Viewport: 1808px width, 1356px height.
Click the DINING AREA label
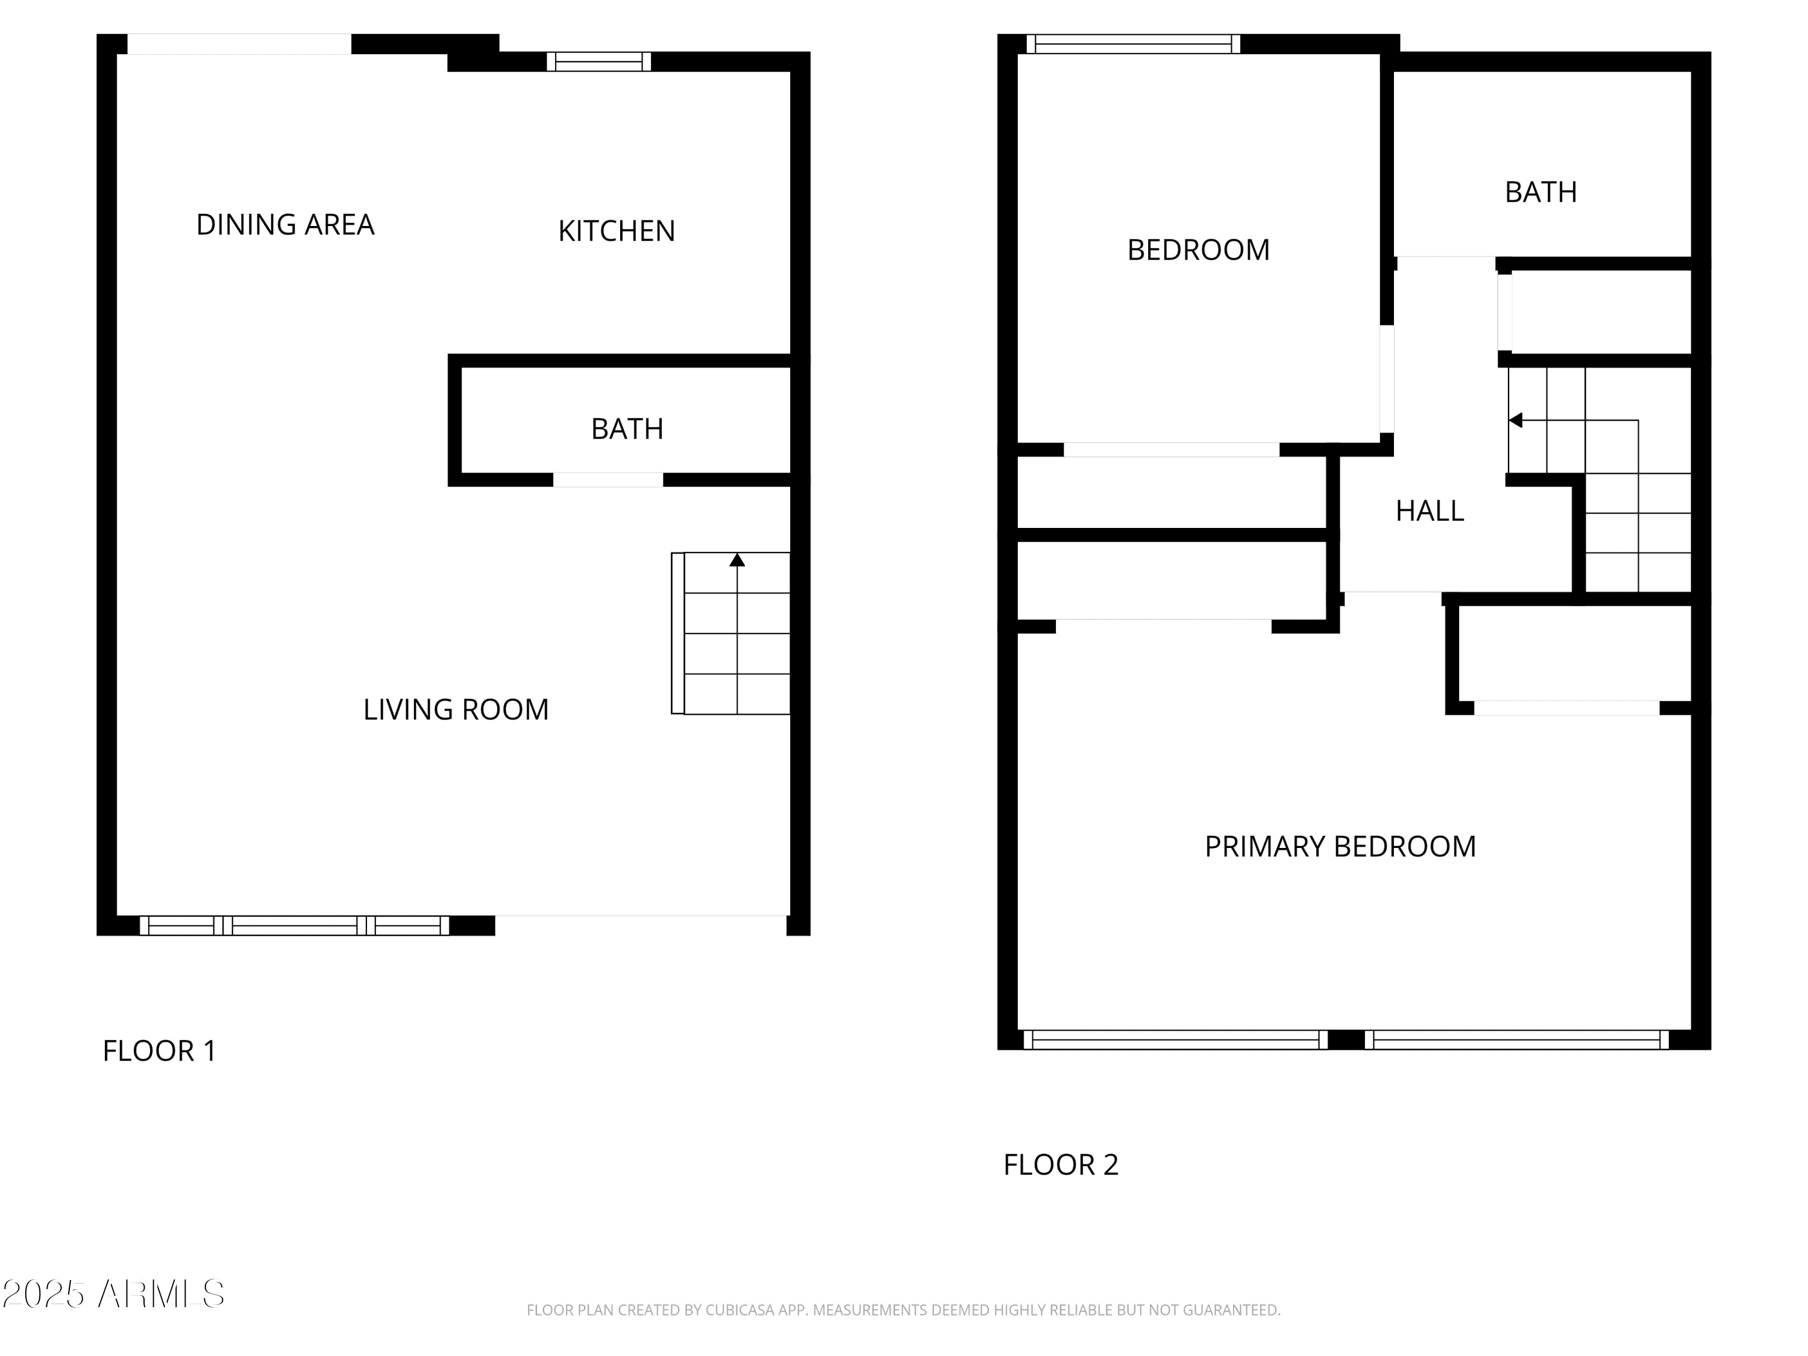285,225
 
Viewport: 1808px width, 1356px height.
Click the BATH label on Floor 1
627,429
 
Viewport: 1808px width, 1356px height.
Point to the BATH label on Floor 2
1541,192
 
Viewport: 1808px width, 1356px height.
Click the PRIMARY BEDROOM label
1340,847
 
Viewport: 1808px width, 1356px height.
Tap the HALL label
1430,511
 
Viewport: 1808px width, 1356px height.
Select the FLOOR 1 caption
159,1051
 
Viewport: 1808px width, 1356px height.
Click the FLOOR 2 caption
1061,1165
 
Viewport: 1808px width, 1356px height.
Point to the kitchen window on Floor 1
599,61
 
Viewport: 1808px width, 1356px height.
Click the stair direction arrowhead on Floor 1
737,560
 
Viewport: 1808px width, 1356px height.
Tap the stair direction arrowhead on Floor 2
1515,420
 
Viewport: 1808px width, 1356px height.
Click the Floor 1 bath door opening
608,480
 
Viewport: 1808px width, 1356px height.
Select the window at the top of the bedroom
1134,44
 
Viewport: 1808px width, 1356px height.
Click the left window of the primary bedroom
1175,1040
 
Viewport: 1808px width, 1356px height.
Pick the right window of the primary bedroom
1516,1040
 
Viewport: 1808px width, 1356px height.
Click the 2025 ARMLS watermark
114,1294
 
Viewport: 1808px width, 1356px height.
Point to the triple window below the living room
294,926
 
